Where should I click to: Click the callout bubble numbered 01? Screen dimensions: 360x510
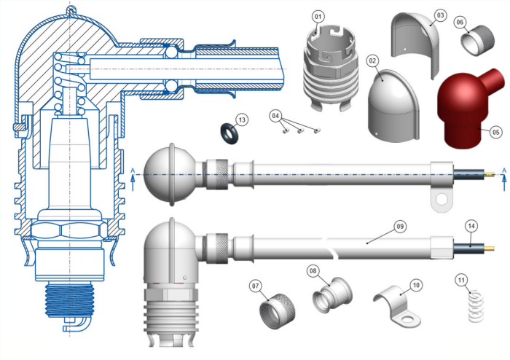[318, 16]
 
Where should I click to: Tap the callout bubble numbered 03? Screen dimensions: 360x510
[439, 15]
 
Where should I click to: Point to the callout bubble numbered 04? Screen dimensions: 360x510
[275, 116]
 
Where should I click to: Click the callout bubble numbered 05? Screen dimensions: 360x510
[496, 133]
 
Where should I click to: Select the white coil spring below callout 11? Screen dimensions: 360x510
[474, 307]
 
